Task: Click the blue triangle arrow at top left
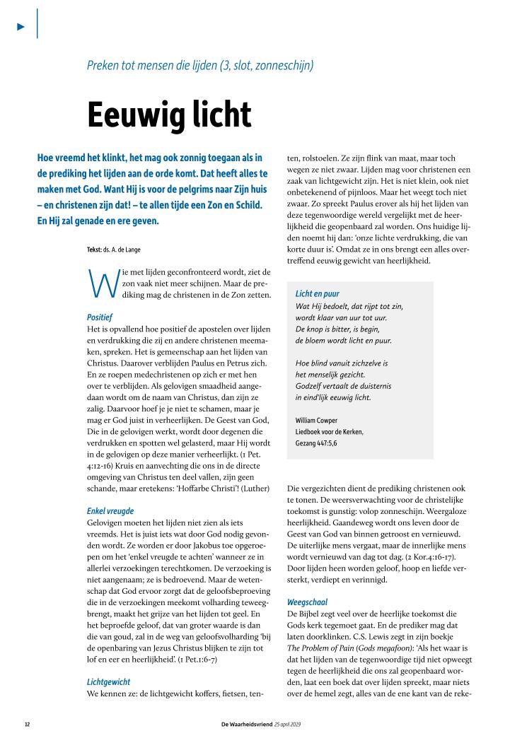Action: click(x=21, y=26)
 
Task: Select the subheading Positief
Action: click(x=100, y=317)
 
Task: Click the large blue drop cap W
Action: click(x=97, y=281)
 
